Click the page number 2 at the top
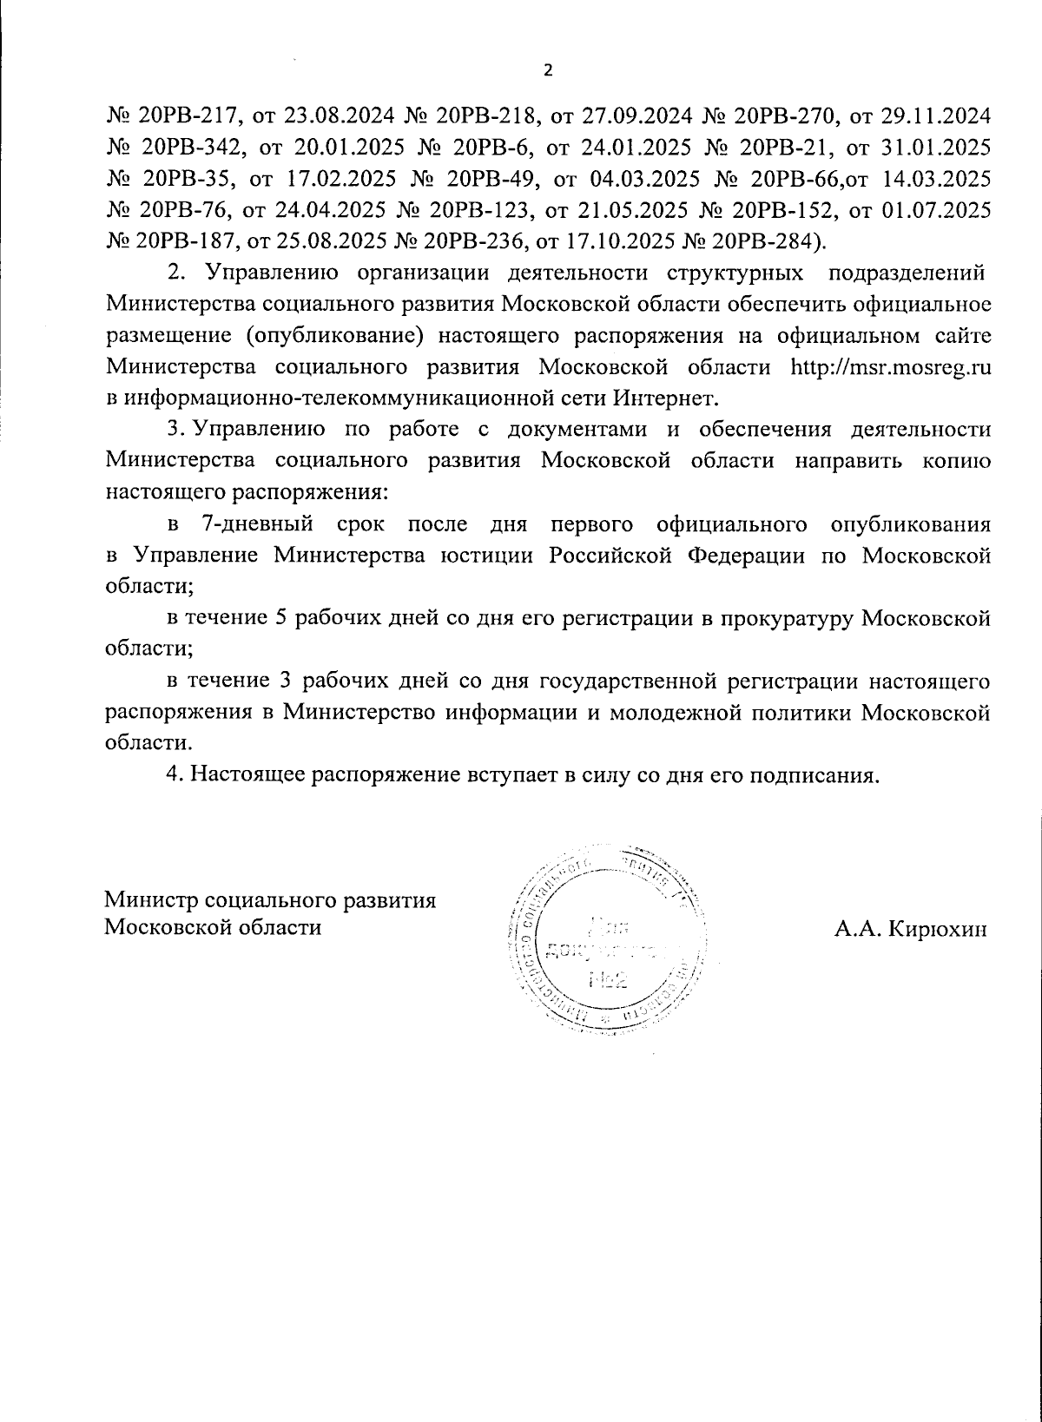click(x=547, y=71)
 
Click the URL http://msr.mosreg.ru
click(x=892, y=367)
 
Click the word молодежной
click(x=673, y=712)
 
